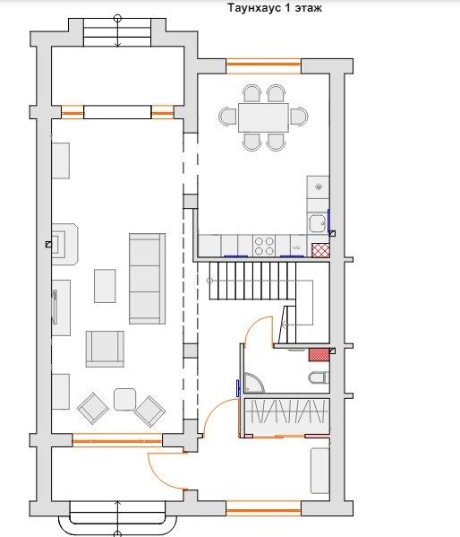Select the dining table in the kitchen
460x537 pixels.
263,117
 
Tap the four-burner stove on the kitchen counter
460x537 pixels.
264,246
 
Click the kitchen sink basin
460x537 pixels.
317,223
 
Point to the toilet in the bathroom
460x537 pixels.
319,377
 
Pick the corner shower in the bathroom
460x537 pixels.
253,383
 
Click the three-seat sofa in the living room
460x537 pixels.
147,279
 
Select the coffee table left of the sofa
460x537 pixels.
105,286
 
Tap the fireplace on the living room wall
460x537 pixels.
64,244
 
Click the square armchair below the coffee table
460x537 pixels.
105,349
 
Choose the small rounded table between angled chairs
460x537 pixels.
124,399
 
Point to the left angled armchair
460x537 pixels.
93,408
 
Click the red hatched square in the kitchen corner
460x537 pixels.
320,250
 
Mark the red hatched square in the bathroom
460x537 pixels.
319,355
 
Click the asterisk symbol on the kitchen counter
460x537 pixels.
319,187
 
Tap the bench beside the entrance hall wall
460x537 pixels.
319,471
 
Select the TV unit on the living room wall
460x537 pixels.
61,307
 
